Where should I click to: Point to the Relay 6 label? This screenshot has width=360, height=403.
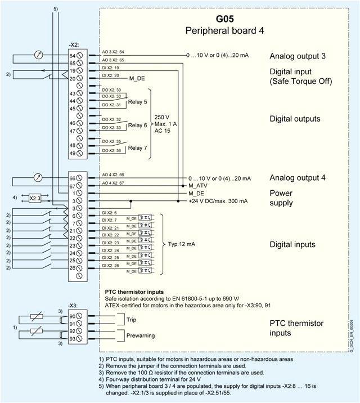pyautogui.click(x=138, y=125)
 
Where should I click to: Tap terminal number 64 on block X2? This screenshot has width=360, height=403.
pyautogui.click(x=72, y=56)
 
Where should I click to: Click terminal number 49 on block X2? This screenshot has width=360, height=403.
pyautogui.click(x=72, y=154)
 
